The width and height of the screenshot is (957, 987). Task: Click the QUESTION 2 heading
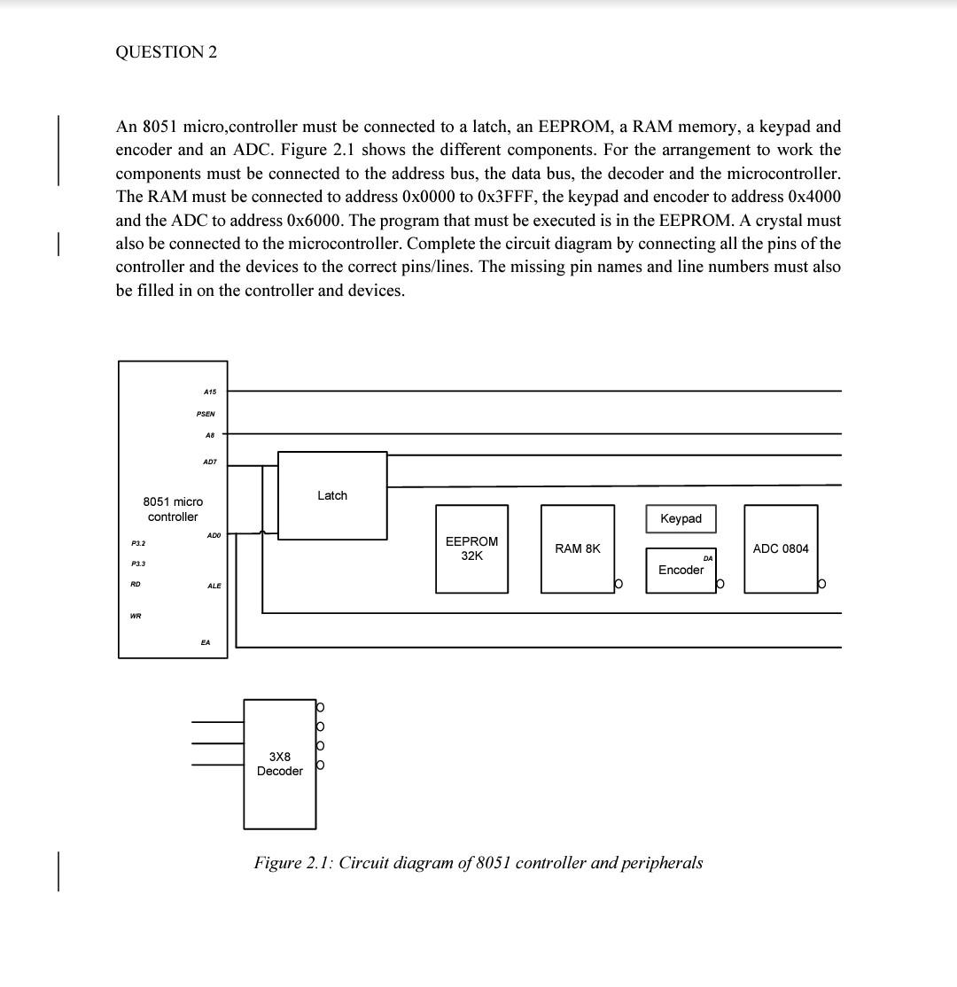click(166, 51)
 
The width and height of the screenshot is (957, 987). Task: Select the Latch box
click(332, 495)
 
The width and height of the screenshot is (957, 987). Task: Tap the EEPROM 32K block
click(471, 548)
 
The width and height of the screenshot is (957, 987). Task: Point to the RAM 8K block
click(578, 548)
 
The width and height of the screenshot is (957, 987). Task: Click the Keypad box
click(681, 518)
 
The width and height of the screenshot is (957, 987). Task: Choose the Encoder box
click(681, 570)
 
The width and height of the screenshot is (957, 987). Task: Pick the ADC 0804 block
click(781, 548)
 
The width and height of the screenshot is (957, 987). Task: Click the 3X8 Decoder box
click(280, 764)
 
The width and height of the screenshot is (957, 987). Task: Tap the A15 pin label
click(209, 392)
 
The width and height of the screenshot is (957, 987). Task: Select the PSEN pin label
click(206, 414)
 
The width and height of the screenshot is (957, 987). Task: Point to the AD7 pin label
click(210, 462)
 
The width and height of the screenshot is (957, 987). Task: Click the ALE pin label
click(214, 586)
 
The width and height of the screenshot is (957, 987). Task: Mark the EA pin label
click(206, 642)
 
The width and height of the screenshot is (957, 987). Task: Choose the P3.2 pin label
click(138, 542)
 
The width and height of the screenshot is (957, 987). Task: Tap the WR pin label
click(136, 617)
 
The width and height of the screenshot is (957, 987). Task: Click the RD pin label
click(136, 584)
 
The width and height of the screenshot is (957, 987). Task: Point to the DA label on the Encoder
click(707, 558)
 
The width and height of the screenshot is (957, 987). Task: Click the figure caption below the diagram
click(478, 862)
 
